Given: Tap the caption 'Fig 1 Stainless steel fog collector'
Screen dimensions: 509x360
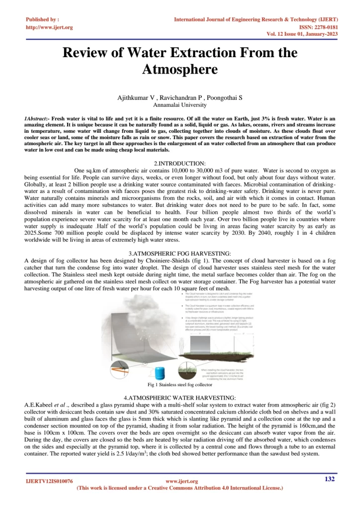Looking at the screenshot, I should (x=180, y=385).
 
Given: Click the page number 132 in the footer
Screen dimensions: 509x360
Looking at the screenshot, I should (x=329, y=479).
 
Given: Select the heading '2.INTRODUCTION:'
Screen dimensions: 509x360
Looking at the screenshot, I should (x=180, y=163).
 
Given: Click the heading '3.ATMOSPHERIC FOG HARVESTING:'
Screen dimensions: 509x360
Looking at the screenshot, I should (x=180, y=254).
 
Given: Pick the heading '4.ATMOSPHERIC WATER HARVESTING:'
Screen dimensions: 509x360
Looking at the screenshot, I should (x=180, y=398).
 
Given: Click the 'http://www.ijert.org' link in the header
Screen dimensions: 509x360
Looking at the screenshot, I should (x=49, y=27).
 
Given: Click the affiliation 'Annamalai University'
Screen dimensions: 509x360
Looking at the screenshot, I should (x=180, y=105).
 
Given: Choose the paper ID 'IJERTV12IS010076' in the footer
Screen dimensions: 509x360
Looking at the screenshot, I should (x=50, y=481).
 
